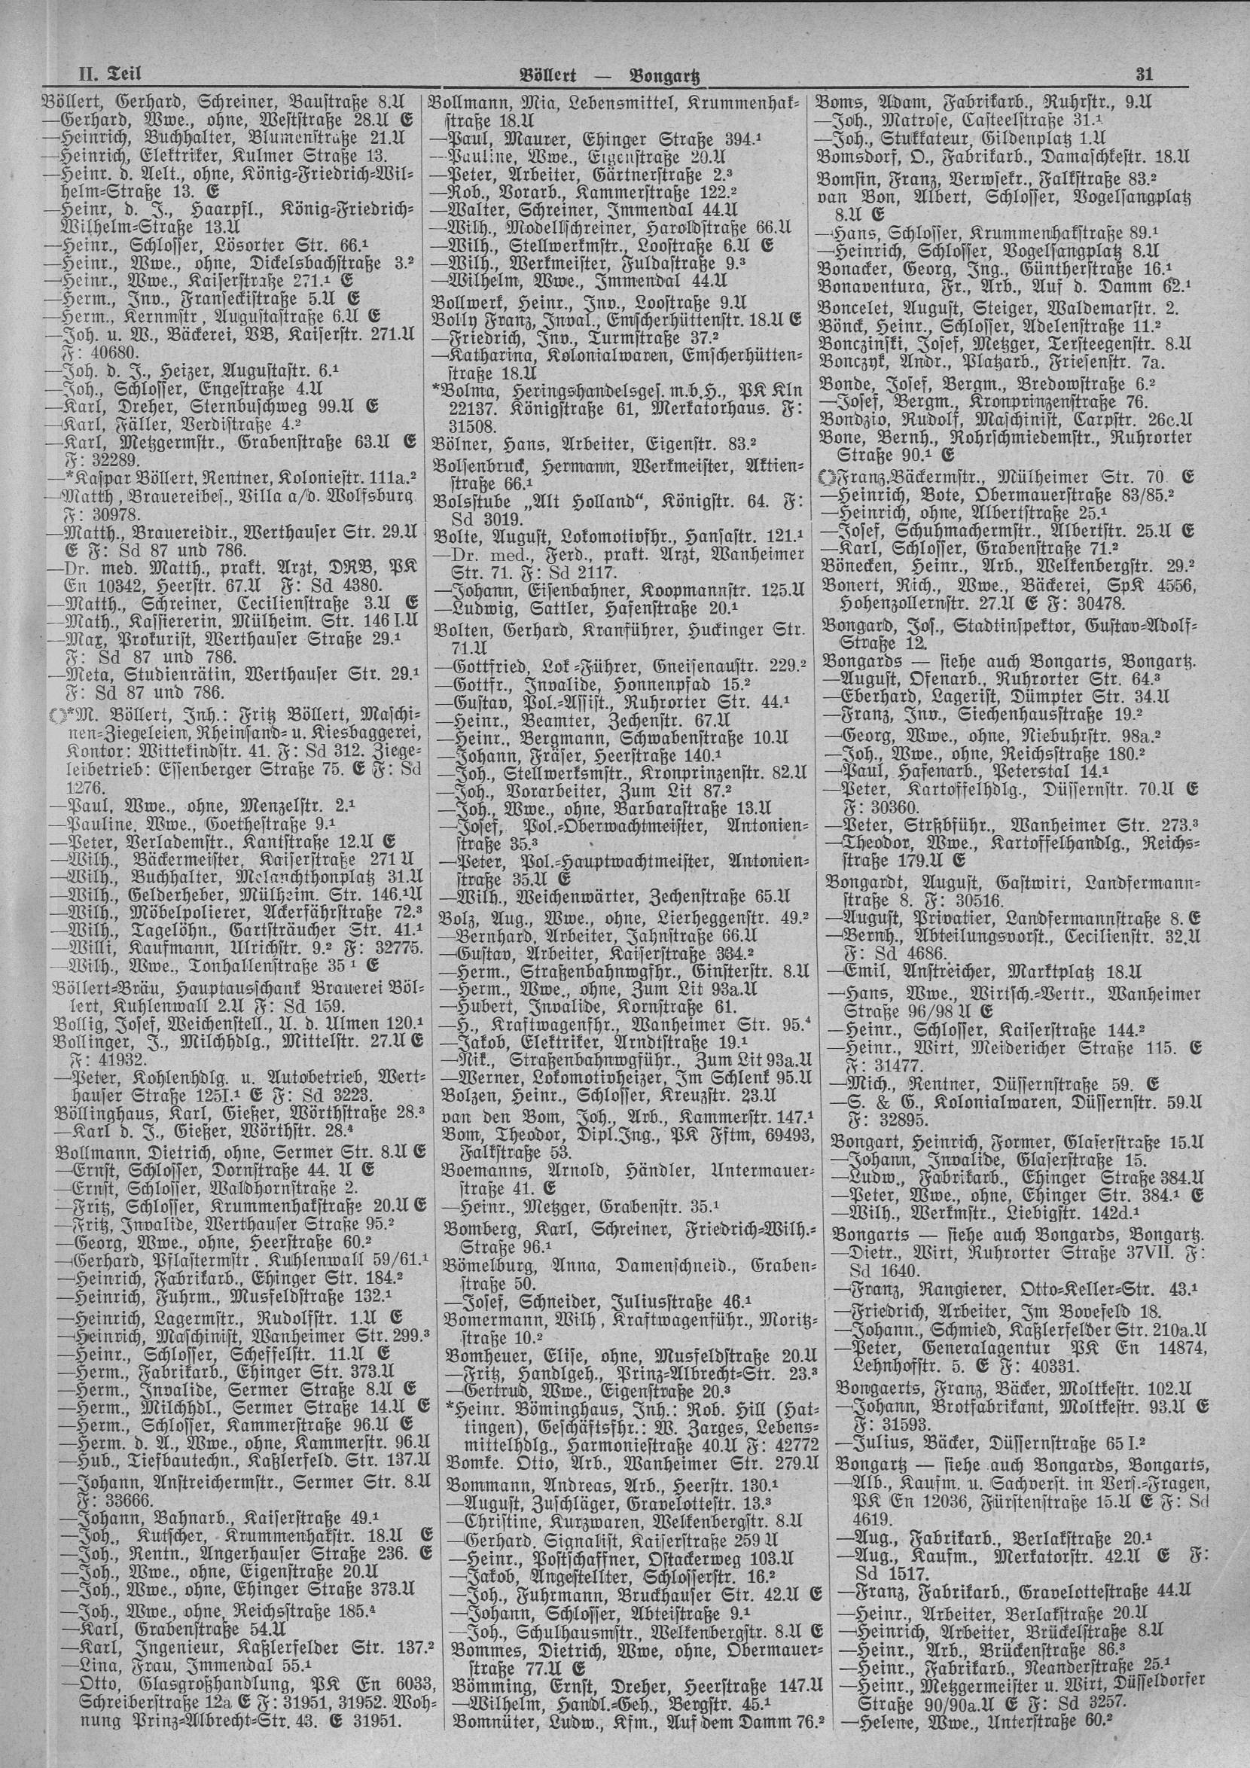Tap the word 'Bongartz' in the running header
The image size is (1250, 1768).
point(669,75)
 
